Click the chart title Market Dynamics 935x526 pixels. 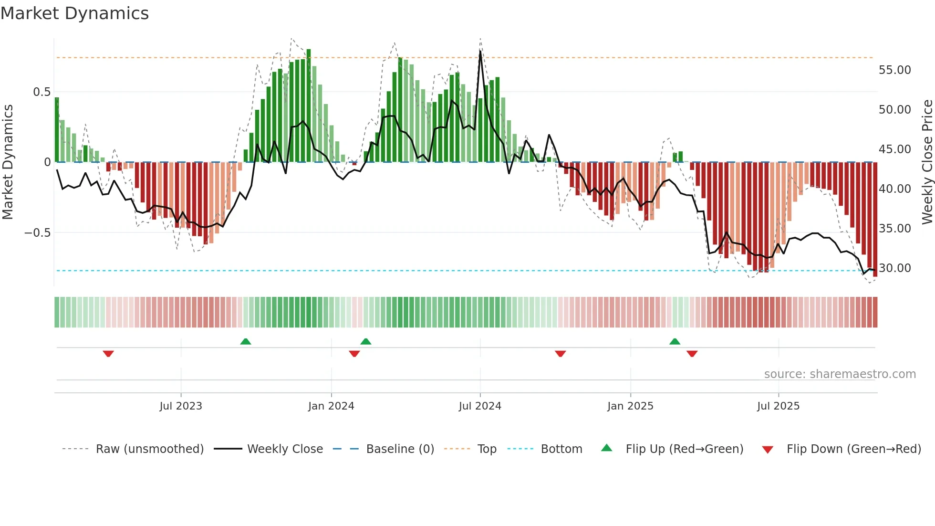74,13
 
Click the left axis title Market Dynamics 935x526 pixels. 8,162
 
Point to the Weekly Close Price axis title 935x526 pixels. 927,162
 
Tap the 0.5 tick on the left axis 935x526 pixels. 42,92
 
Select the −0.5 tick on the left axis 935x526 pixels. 38,233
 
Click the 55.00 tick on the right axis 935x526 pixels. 894,70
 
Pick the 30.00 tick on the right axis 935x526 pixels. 894,268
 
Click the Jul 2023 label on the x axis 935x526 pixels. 181,406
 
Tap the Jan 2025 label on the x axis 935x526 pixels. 630,406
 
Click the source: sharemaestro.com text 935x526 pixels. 840,374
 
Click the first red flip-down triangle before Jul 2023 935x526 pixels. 108,354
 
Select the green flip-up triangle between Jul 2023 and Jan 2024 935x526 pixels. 246,341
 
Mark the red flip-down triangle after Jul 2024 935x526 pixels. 561,354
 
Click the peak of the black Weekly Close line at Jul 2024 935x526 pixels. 480,51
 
